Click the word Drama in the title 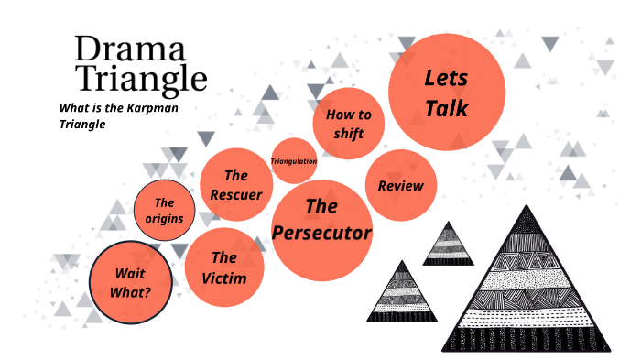tap(130, 49)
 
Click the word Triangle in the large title tap(140, 79)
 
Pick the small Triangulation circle tap(294, 161)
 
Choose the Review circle tap(401, 186)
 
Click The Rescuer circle tap(236, 185)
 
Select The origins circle tap(165, 212)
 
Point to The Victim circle tap(224, 267)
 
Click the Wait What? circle tap(132, 283)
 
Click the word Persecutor tap(321, 233)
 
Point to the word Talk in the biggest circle tap(447, 108)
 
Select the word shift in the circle tap(349, 134)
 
